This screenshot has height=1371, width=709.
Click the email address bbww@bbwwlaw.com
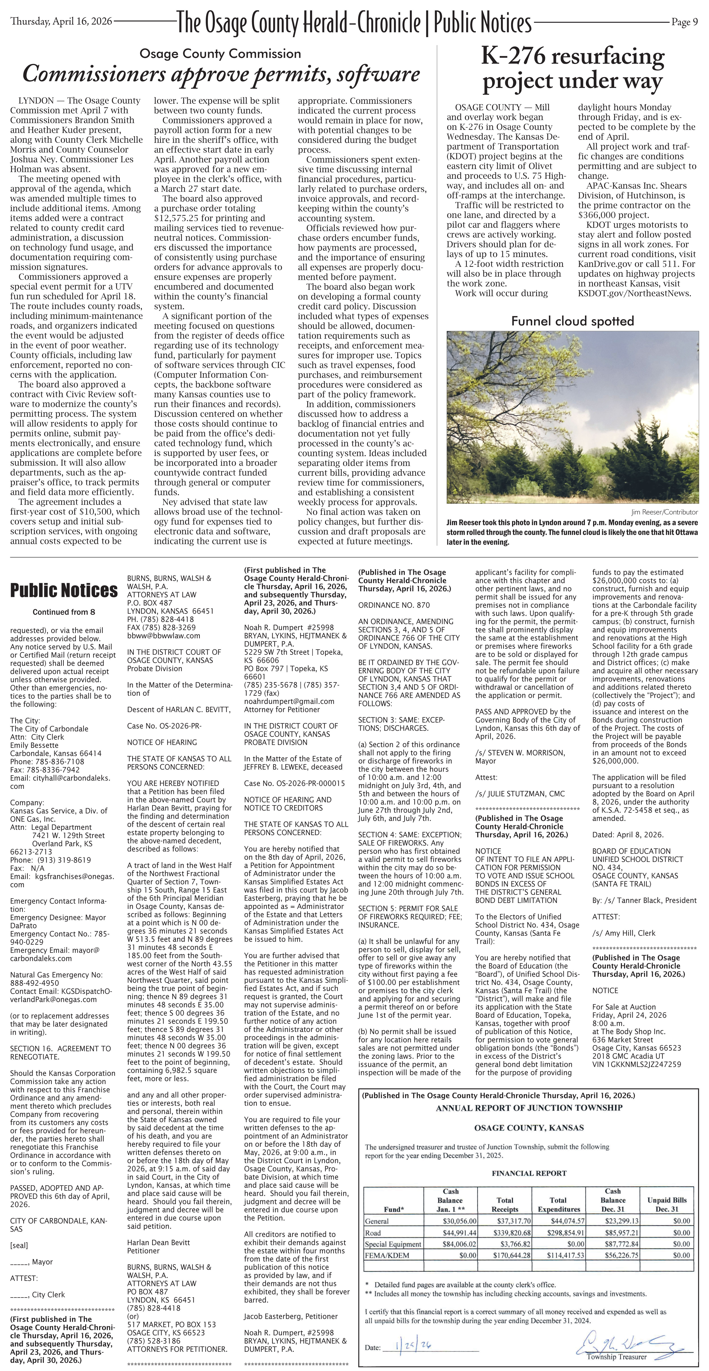[x=163, y=635]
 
